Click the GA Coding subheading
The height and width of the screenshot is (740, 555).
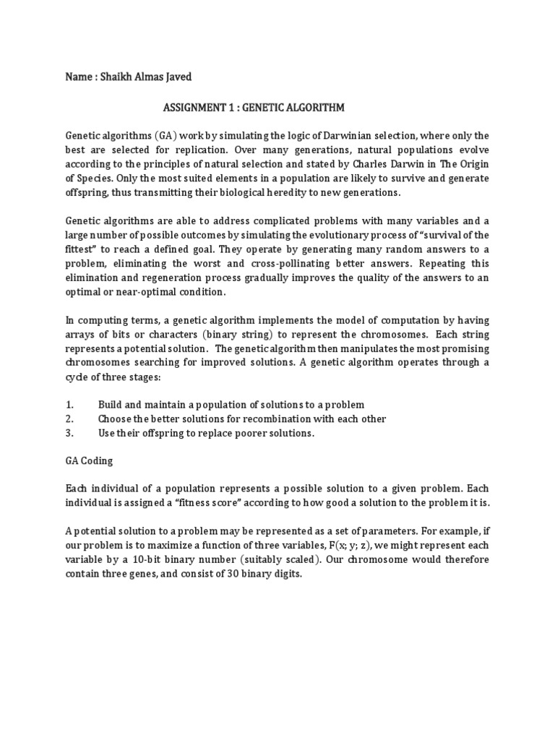click(x=89, y=460)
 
